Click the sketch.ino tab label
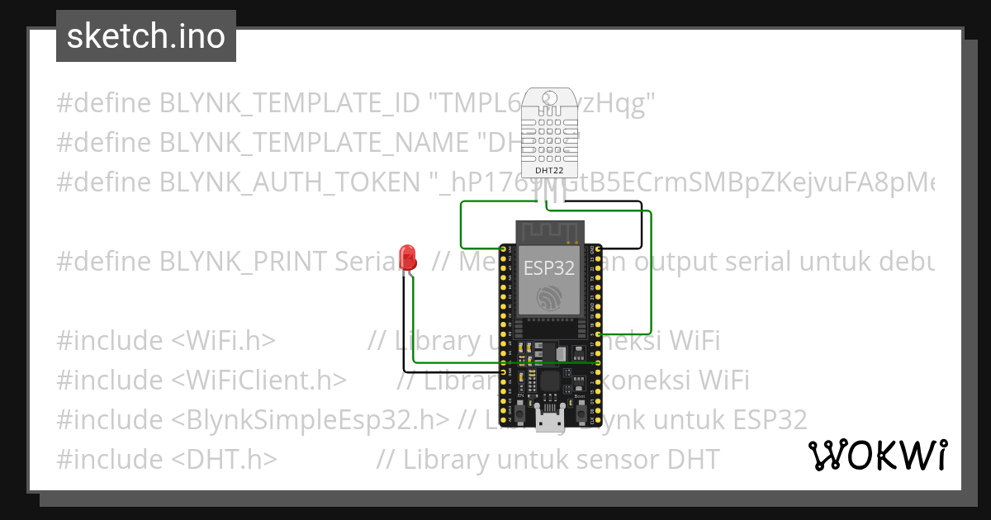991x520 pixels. coord(145,36)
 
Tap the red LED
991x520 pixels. coord(407,258)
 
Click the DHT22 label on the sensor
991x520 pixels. coord(549,171)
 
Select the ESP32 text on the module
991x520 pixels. coord(549,267)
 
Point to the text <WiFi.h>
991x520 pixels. coord(224,340)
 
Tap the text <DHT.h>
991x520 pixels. coord(225,459)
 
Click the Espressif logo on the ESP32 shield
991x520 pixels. coord(549,297)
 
